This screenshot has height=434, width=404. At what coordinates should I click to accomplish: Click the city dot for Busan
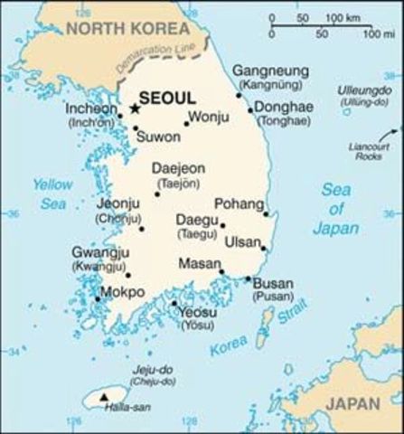[x=249, y=278]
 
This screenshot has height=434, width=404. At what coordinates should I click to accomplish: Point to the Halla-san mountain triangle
[x=107, y=396]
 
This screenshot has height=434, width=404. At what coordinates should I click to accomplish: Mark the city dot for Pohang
[x=266, y=214]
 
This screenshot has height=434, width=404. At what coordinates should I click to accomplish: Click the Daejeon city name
[x=178, y=168]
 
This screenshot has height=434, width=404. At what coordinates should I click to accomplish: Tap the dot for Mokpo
[x=98, y=299]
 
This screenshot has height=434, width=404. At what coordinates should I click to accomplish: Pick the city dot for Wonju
[x=187, y=124]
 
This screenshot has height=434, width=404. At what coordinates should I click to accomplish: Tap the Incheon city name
[x=92, y=108]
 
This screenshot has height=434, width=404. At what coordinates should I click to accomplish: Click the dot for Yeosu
[x=174, y=304]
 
